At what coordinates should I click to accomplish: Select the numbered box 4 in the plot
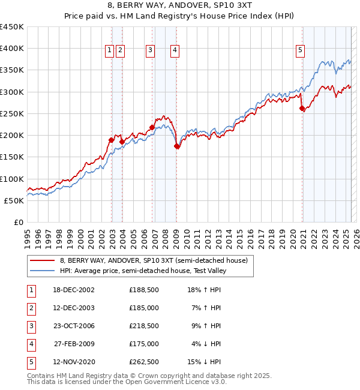(175, 51)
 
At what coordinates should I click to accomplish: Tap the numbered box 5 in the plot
(299, 51)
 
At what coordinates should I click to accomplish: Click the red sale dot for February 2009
(176, 146)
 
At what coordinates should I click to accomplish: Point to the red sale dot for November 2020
(302, 109)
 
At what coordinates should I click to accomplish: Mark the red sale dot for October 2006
(152, 127)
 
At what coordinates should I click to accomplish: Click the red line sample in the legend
(43, 260)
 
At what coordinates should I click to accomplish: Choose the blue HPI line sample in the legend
(43, 271)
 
